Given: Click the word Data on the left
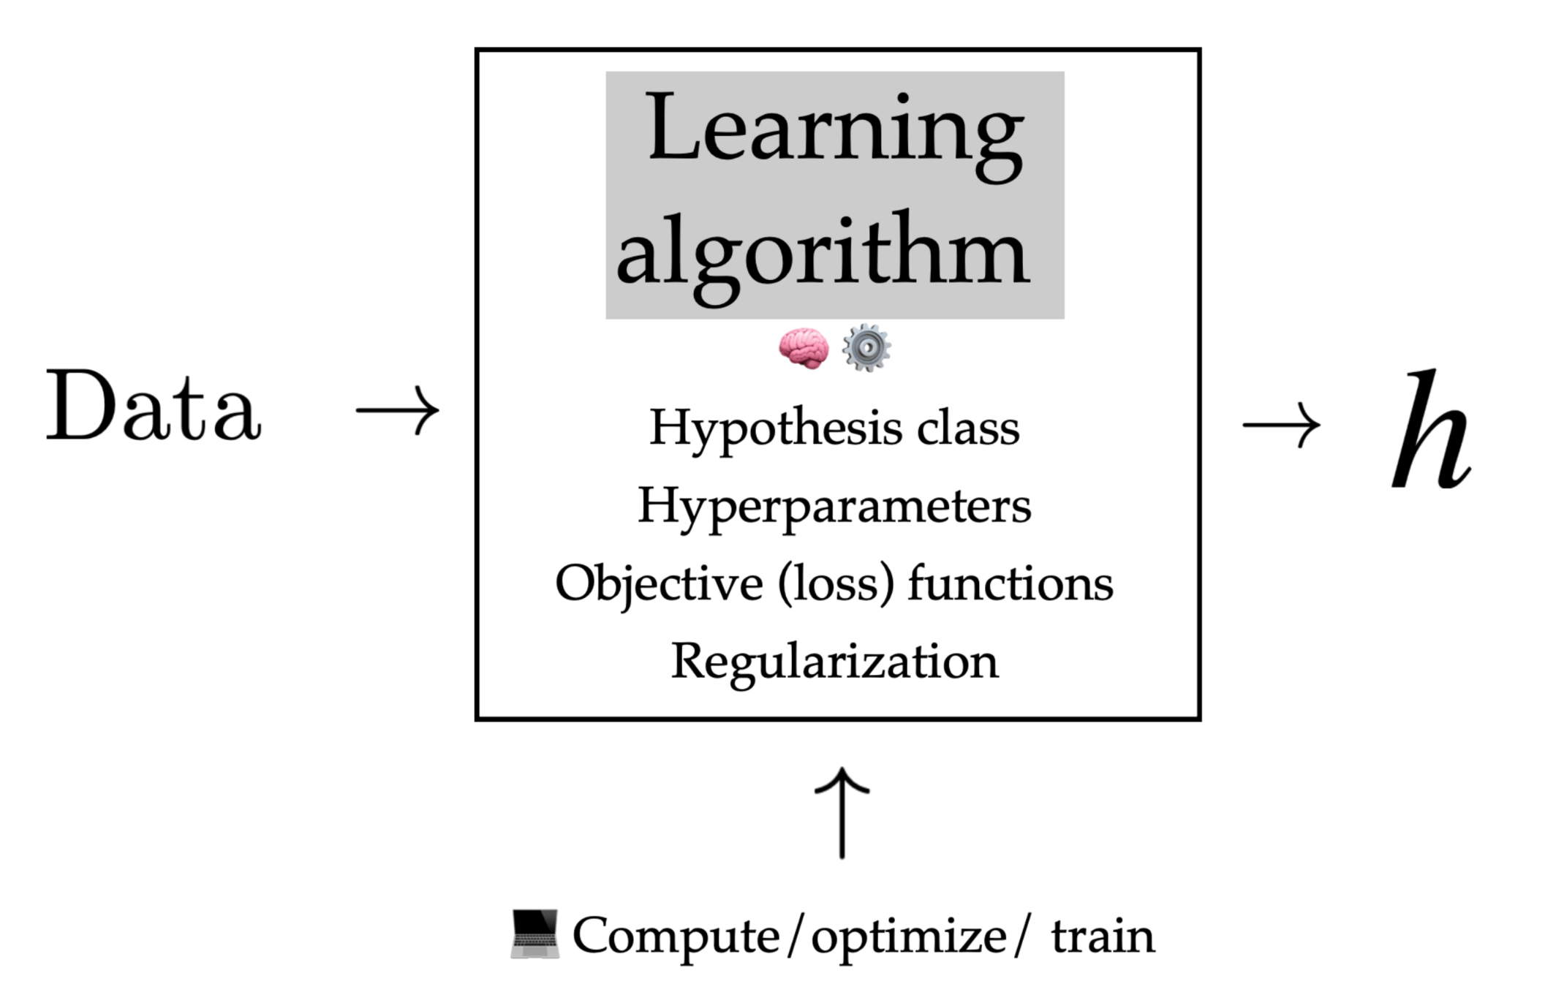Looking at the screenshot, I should pyautogui.click(x=154, y=407).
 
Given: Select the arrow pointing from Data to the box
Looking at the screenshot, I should pyautogui.click(x=398, y=409).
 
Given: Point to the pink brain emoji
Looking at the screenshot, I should pyautogui.click(x=804, y=348).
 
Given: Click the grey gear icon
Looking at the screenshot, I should pyautogui.click(x=866, y=348).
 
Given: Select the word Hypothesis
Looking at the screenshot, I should pyautogui.click(x=775, y=428).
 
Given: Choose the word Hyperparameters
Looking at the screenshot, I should pyautogui.click(x=834, y=506).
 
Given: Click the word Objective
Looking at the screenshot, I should pyautogui.click(x=659, y=585).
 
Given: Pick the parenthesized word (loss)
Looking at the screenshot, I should pyautogui.click(x=836, y=585).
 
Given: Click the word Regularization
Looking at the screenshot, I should pyautogui.click(x=834, y=662).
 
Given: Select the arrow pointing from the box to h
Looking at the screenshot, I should pyautogui.click(x=1282, y=425).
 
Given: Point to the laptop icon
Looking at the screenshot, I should pyautogui.click(x=534, y=934).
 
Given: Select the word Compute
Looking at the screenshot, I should pyautogui.click(x=676, y=936).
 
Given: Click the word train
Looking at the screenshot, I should pyautogui.click(x=1103, y=936).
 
